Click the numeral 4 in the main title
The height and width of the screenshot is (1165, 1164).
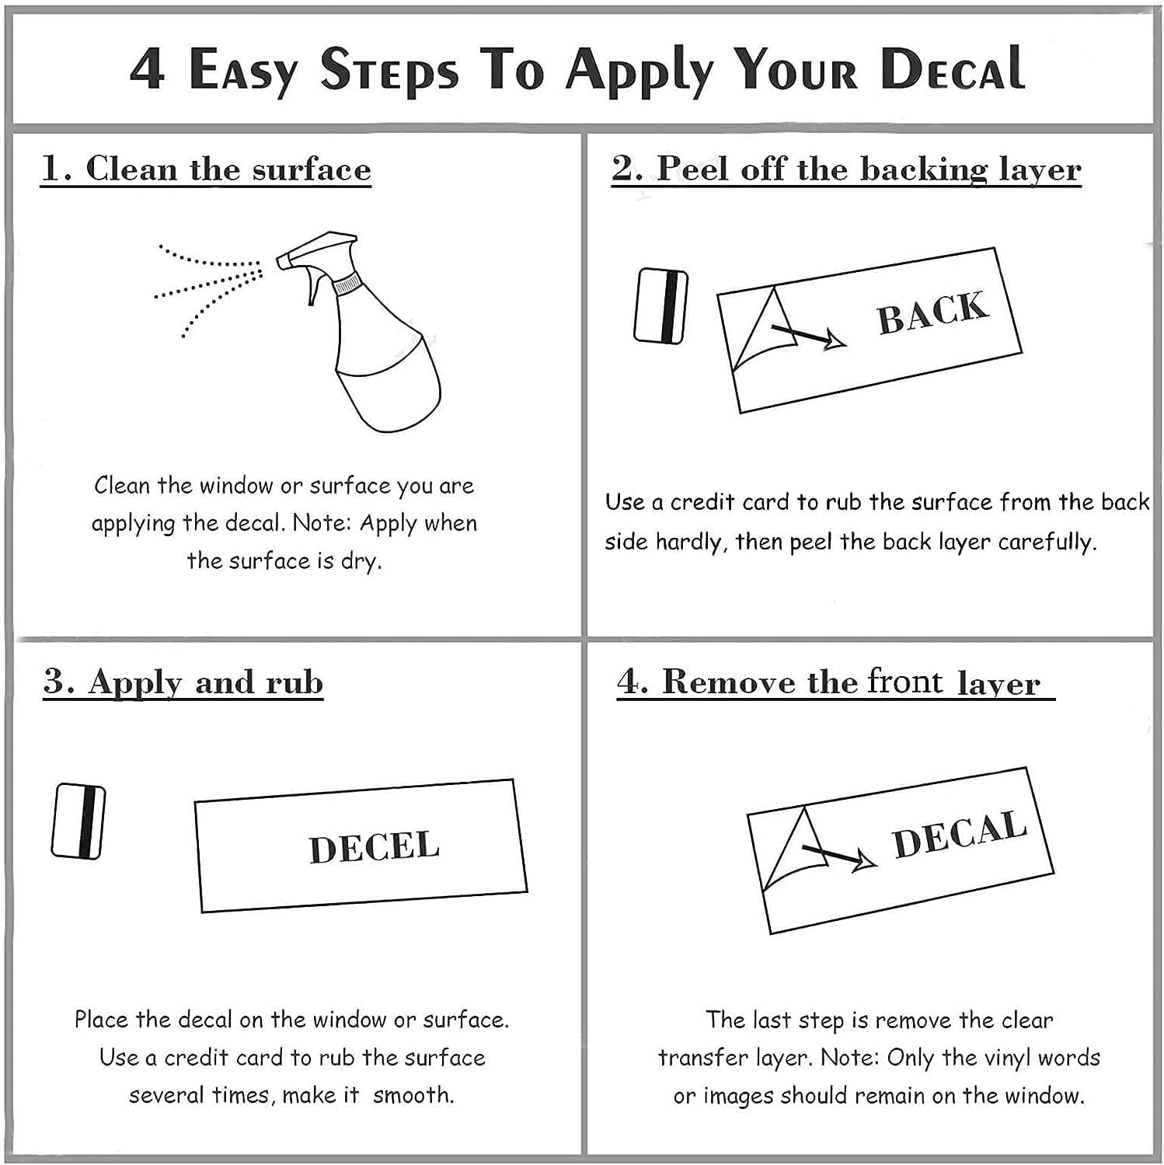click(147, 69)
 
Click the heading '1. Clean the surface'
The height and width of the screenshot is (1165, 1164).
click(206, 169)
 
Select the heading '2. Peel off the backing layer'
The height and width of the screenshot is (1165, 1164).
click(846, 169)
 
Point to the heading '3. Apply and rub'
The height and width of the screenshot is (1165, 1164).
click(183, 682)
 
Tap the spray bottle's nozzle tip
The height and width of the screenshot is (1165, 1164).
click(281, 260)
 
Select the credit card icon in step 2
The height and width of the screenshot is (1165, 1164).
click(661, 306)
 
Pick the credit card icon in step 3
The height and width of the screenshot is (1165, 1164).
click(78, 821)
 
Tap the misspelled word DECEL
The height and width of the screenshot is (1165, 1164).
click(375, 847)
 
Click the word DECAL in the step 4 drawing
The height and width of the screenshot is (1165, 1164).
click(960, 834)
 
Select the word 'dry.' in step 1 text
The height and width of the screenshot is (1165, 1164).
click(361, 561)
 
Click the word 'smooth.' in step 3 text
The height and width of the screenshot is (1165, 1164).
click(413, 1095)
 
